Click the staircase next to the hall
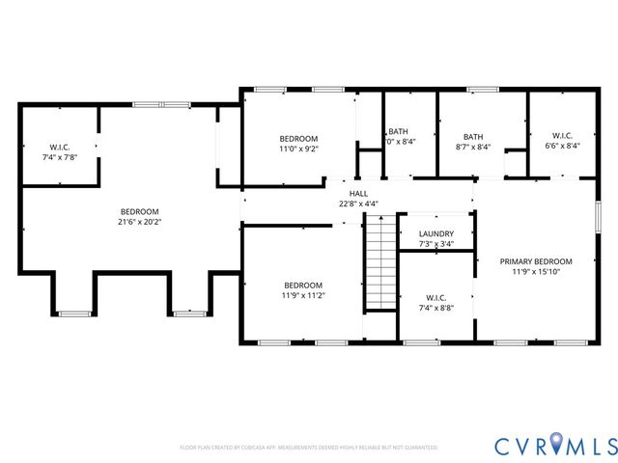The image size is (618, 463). point(381,261)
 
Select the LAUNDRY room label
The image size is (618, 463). point(436,233)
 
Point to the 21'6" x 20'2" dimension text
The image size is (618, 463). point(139,223)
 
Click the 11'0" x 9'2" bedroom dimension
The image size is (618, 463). point(298,150)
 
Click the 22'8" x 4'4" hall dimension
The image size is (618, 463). point(358,204)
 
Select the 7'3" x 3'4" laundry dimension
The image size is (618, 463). point(436,245)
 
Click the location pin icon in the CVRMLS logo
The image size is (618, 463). point(554,446)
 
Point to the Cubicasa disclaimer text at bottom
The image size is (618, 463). point(308,448)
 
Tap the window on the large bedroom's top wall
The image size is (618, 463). point(148,104)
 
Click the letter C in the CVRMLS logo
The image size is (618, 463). point(504,446)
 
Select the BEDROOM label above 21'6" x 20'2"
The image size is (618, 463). point(139,211)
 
